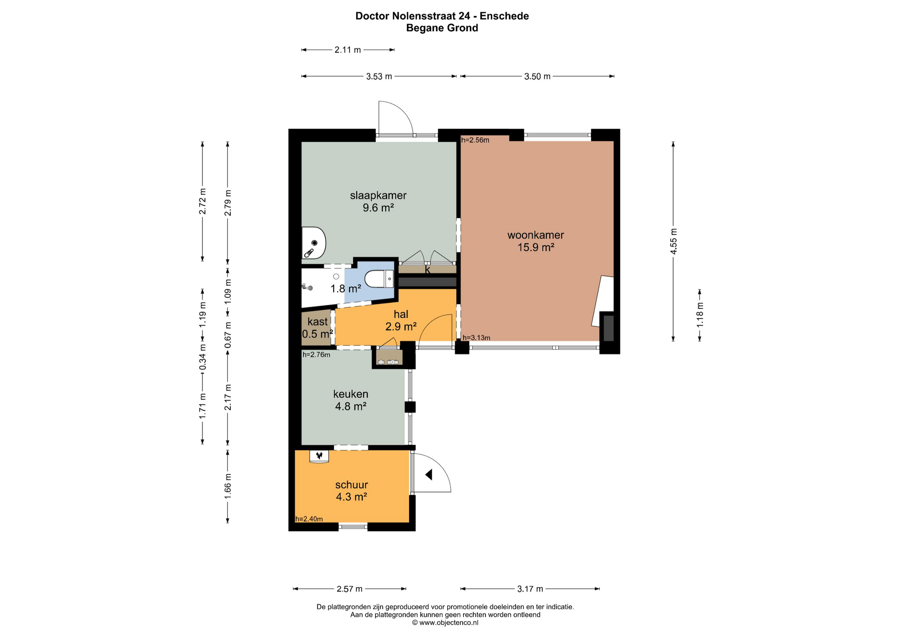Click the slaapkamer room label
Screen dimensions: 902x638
point(378,195)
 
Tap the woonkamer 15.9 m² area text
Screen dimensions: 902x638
point(536,248)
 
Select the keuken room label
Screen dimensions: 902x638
point(350,394)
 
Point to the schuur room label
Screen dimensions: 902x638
point(351,485)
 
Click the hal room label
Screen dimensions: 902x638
point(401,314)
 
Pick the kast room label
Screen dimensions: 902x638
point(318,322)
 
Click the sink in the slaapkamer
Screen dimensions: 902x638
point(313,243)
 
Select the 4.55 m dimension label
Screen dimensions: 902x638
point(674,241)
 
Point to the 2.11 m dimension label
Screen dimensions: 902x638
point(348,50)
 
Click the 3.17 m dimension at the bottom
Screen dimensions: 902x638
point(530,589)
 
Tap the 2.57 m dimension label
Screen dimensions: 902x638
point(350,589)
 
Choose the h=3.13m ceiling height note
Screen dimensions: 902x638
point(476,338)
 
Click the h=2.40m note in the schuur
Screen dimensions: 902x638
point(309,519)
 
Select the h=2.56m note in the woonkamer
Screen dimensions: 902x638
point(475,140)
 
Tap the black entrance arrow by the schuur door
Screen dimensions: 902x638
point(428,475)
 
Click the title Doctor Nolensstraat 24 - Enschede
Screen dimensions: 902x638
point(442,16)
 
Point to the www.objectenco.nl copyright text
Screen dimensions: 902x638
point(445,623)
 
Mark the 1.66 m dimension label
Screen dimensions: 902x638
point(228,486)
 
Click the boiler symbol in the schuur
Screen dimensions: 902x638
point(319,456)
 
